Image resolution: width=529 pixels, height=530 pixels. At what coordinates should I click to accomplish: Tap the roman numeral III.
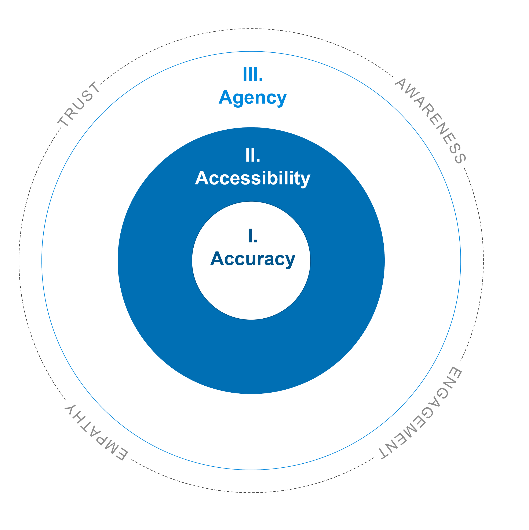[x=253, y=74]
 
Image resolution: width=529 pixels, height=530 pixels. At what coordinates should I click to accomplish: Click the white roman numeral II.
[x=253, y=156]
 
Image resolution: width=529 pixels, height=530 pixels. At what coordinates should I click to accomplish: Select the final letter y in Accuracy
[x=290, y=261]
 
